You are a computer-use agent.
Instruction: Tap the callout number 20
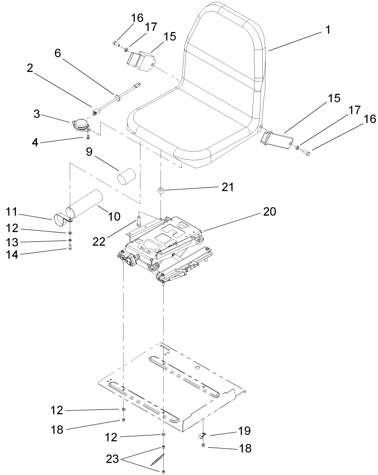(x=269, y=211)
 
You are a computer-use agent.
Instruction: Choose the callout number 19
(x=244, y=431)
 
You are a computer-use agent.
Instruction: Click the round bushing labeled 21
(x=161, y=189)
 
